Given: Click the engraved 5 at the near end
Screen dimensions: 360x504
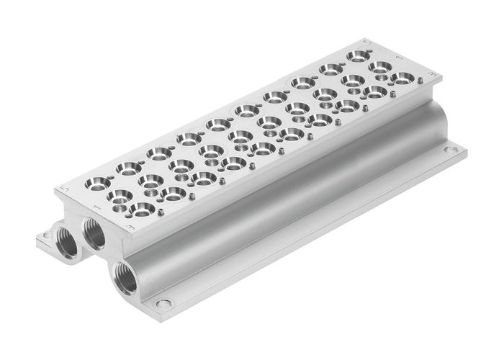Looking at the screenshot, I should tap(64, 189).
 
